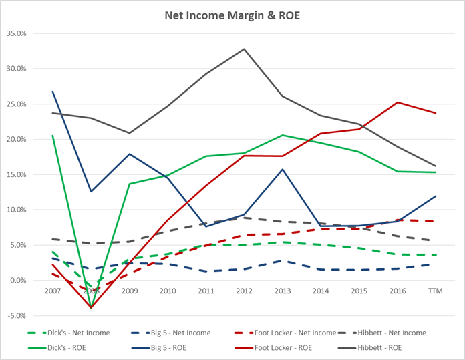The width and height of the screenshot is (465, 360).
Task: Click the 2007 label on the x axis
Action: click(x=52, y=291)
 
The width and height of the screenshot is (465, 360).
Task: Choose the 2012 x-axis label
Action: click(x=245, y=291)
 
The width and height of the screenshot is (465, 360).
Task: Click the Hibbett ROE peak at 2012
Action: click(x=245, y=49)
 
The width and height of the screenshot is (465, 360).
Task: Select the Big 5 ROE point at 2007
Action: click(x=52, y=92)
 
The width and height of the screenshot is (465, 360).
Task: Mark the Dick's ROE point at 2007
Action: click(x=52, y=136)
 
